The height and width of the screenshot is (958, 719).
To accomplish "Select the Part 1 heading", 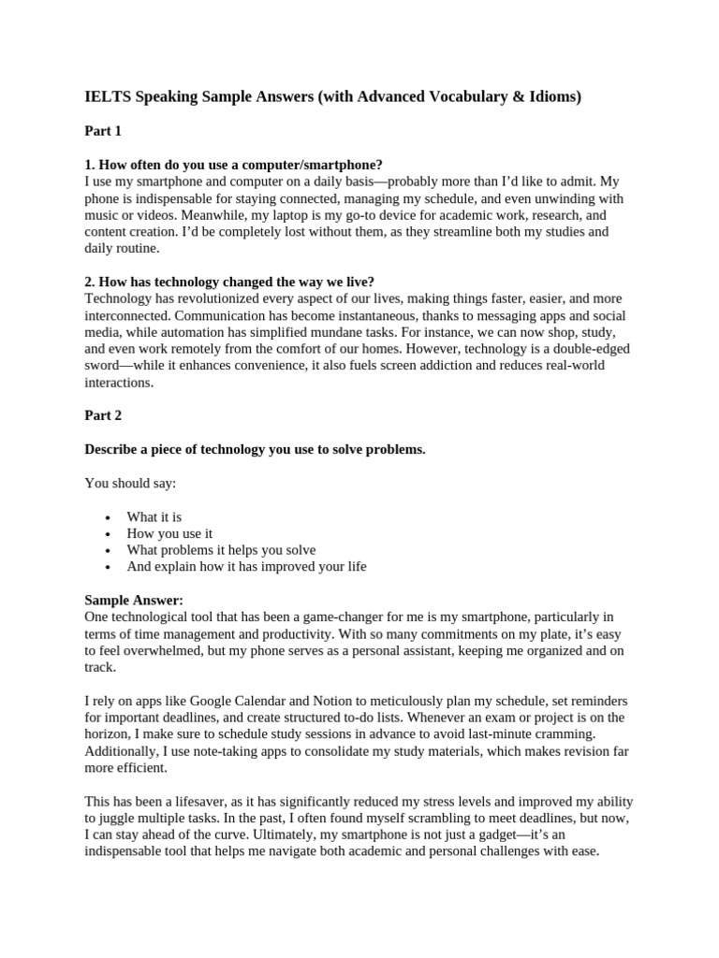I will pyautogui.click(x=103, y=131).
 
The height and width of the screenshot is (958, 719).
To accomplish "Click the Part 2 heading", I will pyautogui.click(x=103, y=415).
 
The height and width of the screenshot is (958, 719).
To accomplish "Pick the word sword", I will pyautogui.click(x=102, y=366).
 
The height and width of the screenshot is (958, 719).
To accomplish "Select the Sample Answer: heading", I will pyautogui.click(x=134, y=600).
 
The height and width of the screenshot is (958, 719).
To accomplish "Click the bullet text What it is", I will pyautogui.click(x=154, y=517).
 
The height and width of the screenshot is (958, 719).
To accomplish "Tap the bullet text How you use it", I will pyautogui.click(x=170, y=534).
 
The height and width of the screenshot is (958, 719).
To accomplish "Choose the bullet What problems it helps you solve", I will pyautogui.click(x=221, y=550).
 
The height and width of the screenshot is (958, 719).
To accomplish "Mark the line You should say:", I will pyautogui.click(x=130, y=484).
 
